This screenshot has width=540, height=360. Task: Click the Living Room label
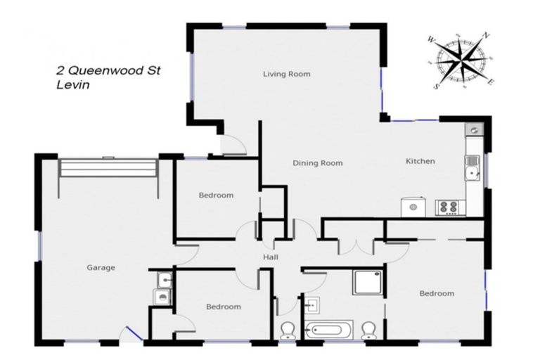coord(286,74)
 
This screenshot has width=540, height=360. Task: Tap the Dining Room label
coord(317,163)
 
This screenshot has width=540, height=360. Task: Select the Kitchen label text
coord(420,162)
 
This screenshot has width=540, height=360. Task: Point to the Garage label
coord(101,267)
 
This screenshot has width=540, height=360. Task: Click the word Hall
coord(271,257)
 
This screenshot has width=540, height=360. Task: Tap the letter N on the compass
coord(486,35)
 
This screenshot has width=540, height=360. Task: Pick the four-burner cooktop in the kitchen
coord(448,207)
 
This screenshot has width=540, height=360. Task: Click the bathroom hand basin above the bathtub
coord(314,304)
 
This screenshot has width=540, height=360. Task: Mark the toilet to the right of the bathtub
coord(368,330)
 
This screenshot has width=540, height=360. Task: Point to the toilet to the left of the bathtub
coord(288,330)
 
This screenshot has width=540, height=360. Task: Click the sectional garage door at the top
coord(108,168)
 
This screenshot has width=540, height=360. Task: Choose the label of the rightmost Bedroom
coord(437,293)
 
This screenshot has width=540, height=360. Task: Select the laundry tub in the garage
coord(164,280)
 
